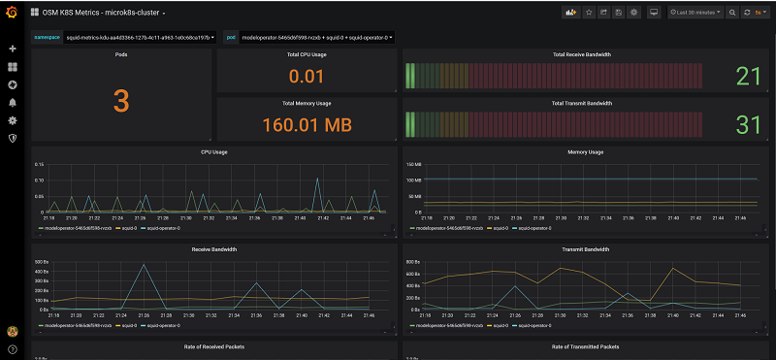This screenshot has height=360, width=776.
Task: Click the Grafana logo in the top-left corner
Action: (12, 13)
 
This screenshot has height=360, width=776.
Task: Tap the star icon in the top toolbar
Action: (588, 13)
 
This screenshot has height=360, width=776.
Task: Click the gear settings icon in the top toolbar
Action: (633, 13)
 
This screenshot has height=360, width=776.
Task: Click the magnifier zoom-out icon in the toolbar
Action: (732, 13)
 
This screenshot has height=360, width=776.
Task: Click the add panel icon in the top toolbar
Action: (570, 13)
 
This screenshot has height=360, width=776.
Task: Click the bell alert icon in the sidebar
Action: (13, 102)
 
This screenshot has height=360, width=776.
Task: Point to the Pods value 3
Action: (121, 100)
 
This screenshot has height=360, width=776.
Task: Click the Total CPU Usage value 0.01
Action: (307, 77)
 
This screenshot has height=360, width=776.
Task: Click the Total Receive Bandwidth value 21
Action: (748, 77)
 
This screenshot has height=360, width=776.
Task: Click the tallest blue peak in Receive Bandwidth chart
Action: (144, 264)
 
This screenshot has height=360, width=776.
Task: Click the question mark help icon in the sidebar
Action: (13, 348)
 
